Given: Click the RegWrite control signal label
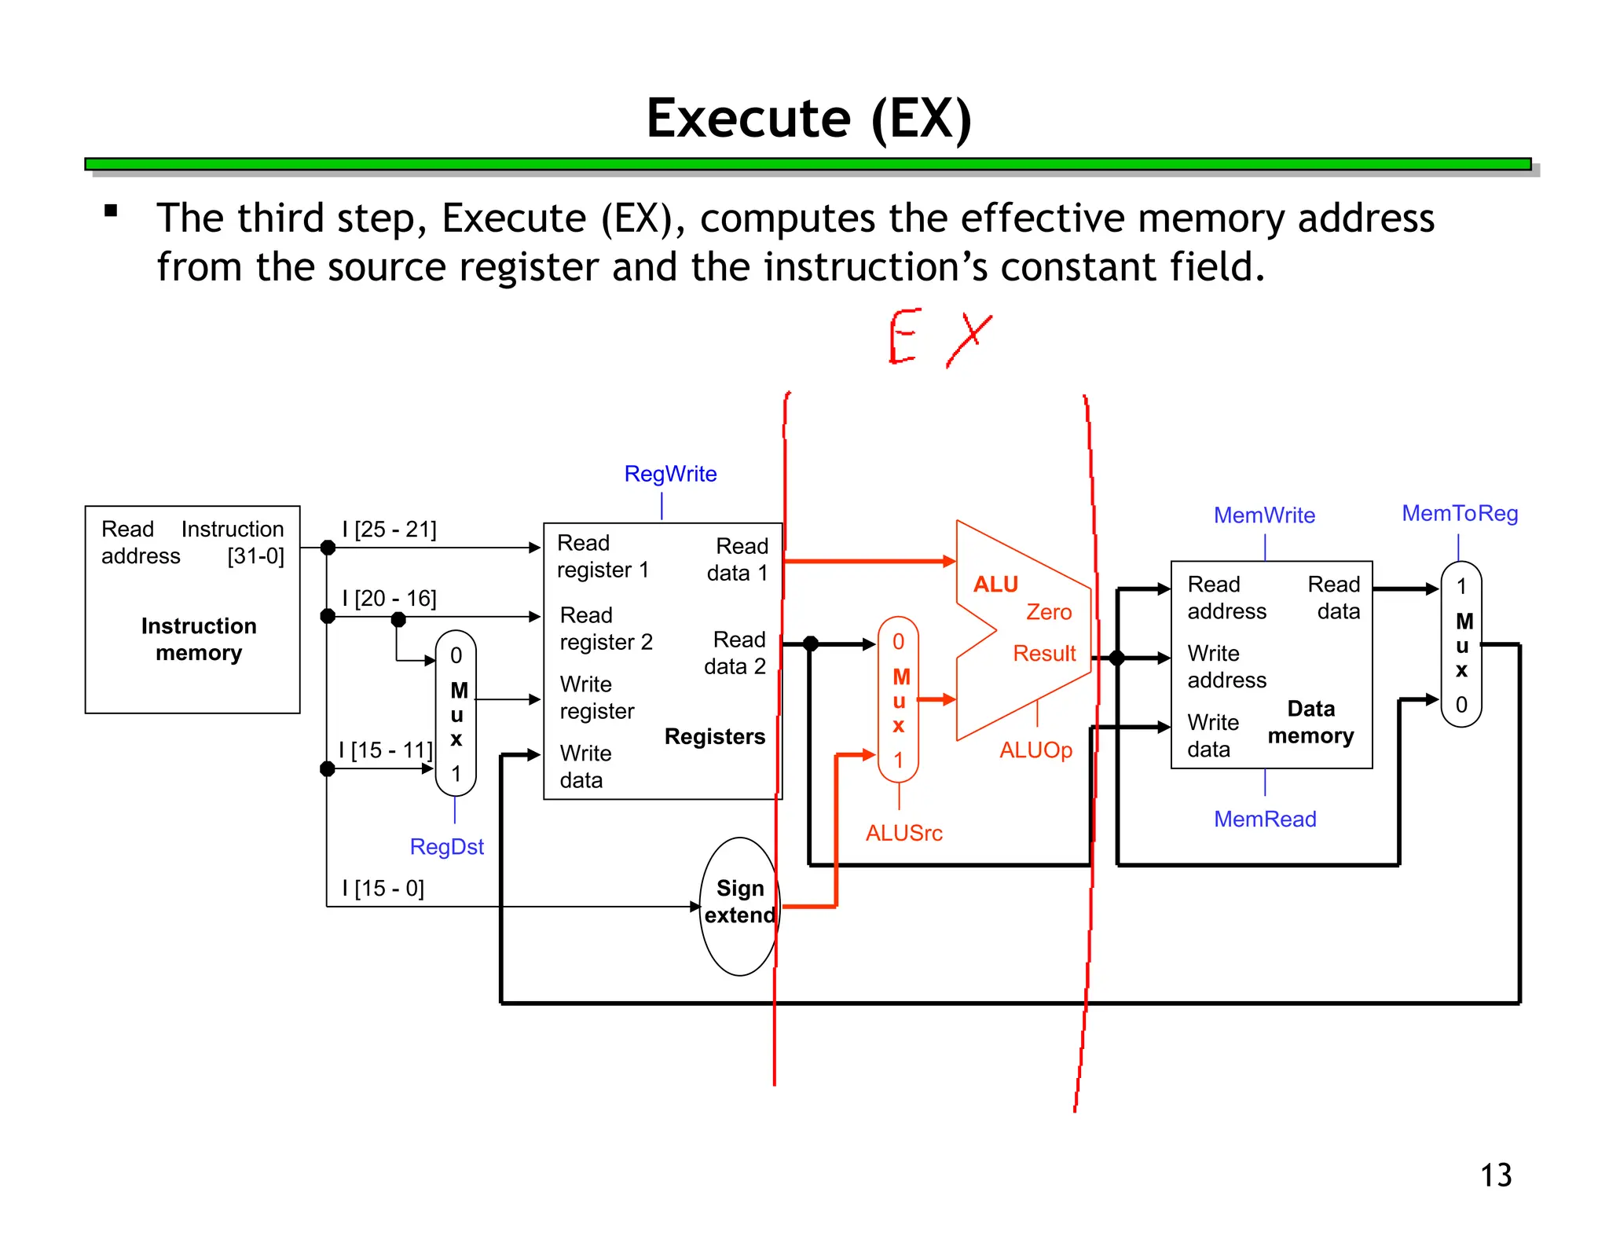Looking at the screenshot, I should pos(670,474).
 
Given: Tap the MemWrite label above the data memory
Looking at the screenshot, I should pos(1263,515).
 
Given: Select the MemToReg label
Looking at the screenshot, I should pos(1459,514).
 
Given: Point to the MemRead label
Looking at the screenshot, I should pos(1264,819).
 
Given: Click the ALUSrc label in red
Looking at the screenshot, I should pos(903,833).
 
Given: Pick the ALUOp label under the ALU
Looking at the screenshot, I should pos(1035,750).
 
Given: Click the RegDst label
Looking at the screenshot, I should pos(446,847).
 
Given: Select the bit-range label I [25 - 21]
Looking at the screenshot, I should pos(389,529).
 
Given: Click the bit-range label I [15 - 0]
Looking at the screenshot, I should pos(383,888).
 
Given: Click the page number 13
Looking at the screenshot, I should pos(1495,1175).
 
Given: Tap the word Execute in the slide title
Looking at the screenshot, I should pos(748,119).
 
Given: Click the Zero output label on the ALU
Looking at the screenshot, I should pos(1048,612).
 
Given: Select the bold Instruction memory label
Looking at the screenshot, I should pos(199,639).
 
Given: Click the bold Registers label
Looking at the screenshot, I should pos(714,736).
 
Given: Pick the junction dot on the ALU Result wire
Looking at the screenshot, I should pos(1116,658).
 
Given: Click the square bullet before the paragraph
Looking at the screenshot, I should pos(111,211).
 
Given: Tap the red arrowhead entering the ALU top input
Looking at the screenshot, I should pos(950,561).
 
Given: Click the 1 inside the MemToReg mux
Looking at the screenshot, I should pos(1461,587).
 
